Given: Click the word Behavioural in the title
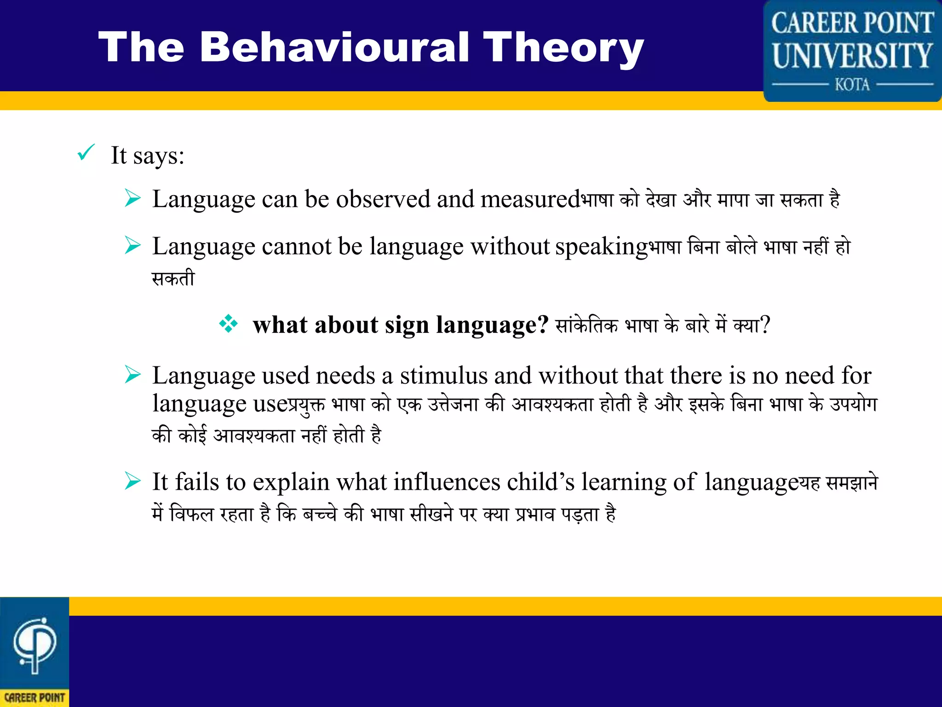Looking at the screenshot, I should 334,47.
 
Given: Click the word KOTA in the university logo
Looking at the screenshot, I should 852,85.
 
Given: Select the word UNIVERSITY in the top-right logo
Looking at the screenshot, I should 852,55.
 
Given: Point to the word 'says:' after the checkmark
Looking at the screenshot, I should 159,156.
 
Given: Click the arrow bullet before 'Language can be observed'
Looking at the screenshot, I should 132,199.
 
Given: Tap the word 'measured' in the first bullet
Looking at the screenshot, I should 529,199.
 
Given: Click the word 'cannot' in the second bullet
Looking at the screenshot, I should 297,246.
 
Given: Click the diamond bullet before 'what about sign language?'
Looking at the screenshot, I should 229,324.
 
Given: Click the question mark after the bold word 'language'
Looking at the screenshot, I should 543,325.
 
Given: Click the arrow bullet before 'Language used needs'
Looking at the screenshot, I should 132,375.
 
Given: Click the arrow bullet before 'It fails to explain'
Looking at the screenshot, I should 132,481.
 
